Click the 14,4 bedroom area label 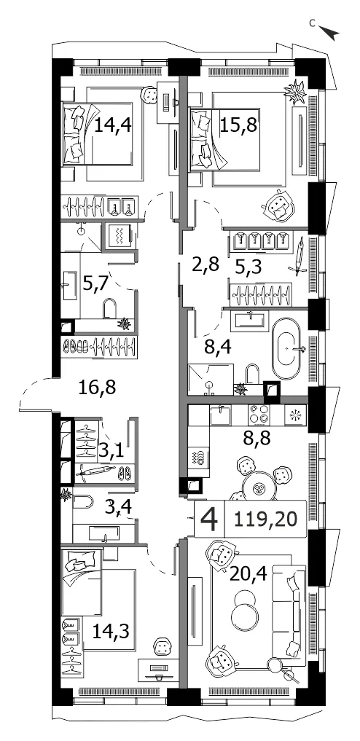click(x=112, y=126)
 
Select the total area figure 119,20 click(x=266, y=520)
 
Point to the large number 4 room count click(x=209, y=520)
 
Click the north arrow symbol click(x=329, y=33)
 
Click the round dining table click(x=259, y=487)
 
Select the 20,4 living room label click(x=249, y=575)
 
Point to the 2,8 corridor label click(x=207, y=265)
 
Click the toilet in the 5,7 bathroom click(x=110, y=309)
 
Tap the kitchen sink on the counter click(x=221, y=416)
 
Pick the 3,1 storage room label click(x=111, y=451)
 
